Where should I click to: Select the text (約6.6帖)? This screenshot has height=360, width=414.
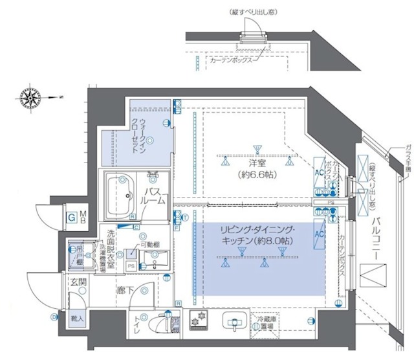[x=257, y=174]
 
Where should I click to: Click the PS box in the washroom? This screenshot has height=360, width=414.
[x=130, y=265]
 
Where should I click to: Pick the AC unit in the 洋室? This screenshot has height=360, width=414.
[x=318, y=174]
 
